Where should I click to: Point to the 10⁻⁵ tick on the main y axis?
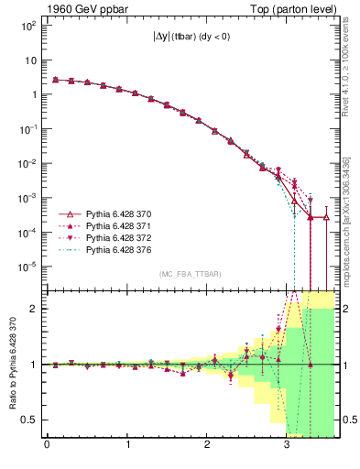point(27,267)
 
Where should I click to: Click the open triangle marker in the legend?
point(70,213)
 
